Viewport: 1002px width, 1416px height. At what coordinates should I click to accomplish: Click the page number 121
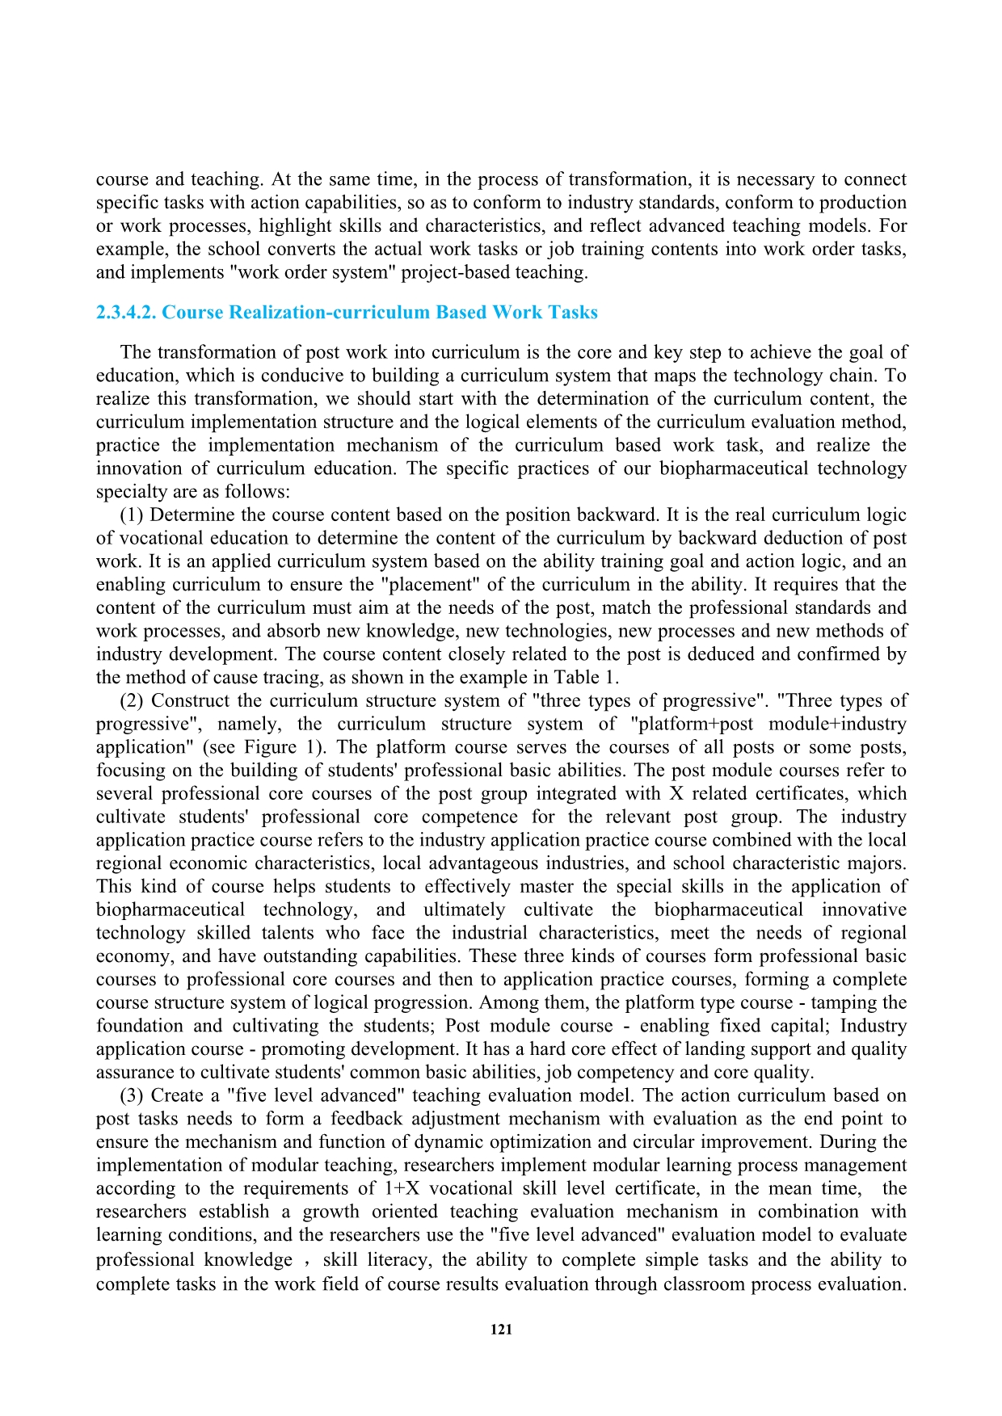(x=501, y=1330)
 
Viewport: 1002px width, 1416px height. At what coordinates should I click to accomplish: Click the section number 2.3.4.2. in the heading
(x=126, y=313)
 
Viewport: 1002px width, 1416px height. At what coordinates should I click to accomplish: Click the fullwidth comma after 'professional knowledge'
(x=307, y=1260)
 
